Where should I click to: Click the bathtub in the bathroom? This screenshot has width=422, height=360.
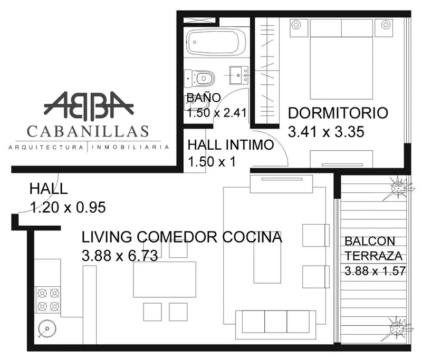[x=216, y=42]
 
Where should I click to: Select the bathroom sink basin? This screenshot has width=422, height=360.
[x=238, y=75]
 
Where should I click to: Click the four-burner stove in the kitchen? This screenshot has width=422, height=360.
[x=49, y=299]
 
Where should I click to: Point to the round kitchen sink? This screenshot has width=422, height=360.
[x=47, y=328]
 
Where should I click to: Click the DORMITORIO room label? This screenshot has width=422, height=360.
[x=338, y=113]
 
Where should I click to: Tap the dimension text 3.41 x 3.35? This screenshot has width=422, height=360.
[x=326, y=132]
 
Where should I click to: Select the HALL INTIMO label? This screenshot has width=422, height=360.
[x=231, y=144]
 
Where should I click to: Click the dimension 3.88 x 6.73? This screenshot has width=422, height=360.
[x=120, y=256]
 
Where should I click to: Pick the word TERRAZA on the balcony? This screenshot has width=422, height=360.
[x=373, y=256]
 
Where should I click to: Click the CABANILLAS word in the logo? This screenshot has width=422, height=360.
[x=88, y=131]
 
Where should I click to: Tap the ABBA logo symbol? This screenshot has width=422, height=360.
[x=89, y=105]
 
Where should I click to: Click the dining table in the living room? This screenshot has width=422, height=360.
[x=165, y=279]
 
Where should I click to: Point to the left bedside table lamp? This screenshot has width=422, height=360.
[x=296, y=25]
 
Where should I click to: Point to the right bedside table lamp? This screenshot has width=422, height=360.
[x=386, y=25]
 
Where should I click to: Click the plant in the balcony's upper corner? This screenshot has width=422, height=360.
[x=398, y=188]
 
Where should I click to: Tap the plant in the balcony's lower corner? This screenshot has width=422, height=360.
[x=397, y=328]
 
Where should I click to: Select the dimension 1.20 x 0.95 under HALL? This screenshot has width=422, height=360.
[x=68, y=207]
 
